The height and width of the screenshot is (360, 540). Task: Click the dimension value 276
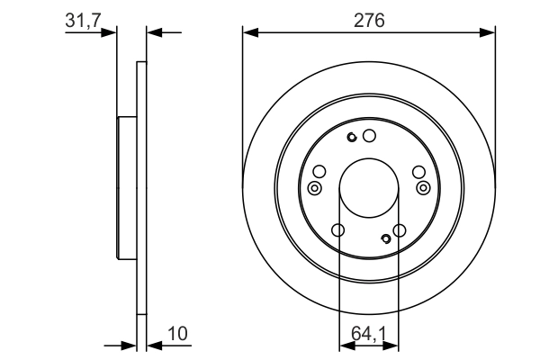click(x=369, y=21)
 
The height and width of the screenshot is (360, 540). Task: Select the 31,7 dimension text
click(x=83, y=21)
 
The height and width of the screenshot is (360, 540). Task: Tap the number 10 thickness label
click(x=177, y=334)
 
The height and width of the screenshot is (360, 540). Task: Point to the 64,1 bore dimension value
click(x=369, y=334)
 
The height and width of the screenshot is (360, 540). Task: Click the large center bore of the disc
click(x=369, y=188)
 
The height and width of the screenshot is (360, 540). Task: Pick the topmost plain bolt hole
click(x=369, y=136)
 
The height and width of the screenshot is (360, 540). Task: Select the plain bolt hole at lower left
click(x=337, y=230)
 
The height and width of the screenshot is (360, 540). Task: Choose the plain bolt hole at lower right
click(x=400, y=230)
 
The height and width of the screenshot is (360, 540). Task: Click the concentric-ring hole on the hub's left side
click(x=314, y=188)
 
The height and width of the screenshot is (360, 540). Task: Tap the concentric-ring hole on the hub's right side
click(x=423, y=188)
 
